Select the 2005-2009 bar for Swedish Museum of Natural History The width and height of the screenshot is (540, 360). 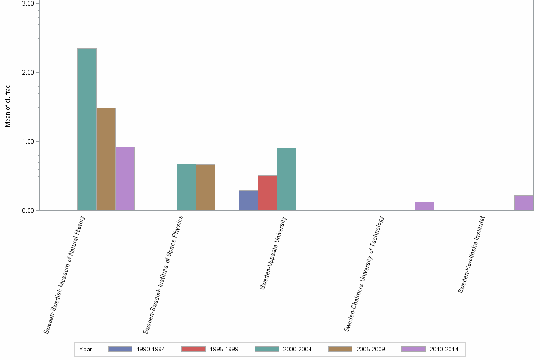tap(106, 159)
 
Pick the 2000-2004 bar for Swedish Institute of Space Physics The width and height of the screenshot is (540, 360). tap(186, 187)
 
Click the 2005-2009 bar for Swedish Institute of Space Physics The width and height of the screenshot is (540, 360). tap(205, 188)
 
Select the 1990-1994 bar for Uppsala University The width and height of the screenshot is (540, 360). tap(248, 200)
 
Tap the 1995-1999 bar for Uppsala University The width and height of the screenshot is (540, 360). tap(267, 193)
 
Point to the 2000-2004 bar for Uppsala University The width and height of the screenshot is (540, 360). tap(286, 179)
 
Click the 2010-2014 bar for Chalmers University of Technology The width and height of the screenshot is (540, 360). tap(424, 206)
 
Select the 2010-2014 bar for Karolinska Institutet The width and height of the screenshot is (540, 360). tap(524, 203)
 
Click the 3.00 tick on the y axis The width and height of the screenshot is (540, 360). tap(28, 3)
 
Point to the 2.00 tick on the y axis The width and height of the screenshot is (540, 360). tap(28, 72)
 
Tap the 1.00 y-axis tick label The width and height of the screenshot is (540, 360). tap(28, 141)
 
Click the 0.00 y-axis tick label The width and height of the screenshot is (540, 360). tap(28, 210)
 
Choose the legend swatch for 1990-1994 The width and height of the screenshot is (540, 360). tap(120, 349)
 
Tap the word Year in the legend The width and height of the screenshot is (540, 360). tap(86, 349)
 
